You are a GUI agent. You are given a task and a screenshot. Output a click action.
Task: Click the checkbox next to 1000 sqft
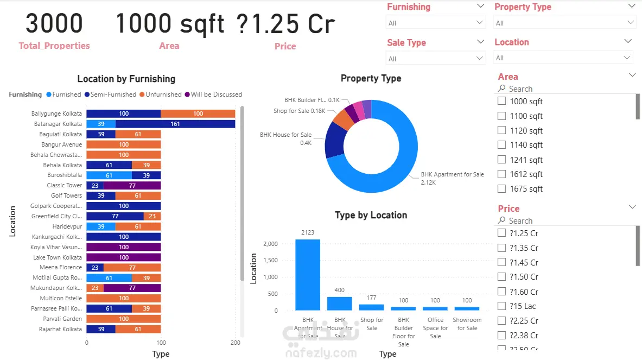[x=502, y=102]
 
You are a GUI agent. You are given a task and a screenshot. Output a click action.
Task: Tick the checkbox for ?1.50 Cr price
[x=502, y=277]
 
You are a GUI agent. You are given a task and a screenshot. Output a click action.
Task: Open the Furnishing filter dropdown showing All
[x=436, y=23]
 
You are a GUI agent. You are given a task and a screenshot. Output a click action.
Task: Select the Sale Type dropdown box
[x=436, y=58]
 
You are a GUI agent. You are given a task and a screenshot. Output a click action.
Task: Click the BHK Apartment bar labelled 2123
[x=308, y=274]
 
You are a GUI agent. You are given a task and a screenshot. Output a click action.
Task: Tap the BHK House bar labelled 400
[x=340, y=303]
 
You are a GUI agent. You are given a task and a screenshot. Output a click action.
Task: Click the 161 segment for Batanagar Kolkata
[x=175, y=124]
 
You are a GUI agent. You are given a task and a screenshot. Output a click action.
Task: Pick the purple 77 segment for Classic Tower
[x=132, y=186]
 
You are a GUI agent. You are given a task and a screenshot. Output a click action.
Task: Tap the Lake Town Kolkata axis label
[x=58, y=257]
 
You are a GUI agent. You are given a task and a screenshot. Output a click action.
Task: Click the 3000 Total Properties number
[x=54, y=24]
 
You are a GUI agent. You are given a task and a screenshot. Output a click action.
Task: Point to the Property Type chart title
[x=371, y=78]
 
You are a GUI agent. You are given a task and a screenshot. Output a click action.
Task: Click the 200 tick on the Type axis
[x=235, y=343]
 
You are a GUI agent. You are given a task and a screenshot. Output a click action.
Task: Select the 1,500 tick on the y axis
[x=271, y=261]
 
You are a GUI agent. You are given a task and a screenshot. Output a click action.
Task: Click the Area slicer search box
[x=564, y=89]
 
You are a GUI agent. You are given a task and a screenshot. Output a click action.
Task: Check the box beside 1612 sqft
[x=502, y=174]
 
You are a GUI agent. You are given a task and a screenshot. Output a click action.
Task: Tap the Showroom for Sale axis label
[x=467, y=324]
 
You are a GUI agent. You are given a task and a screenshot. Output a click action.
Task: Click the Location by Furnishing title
[x=126, y=79]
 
